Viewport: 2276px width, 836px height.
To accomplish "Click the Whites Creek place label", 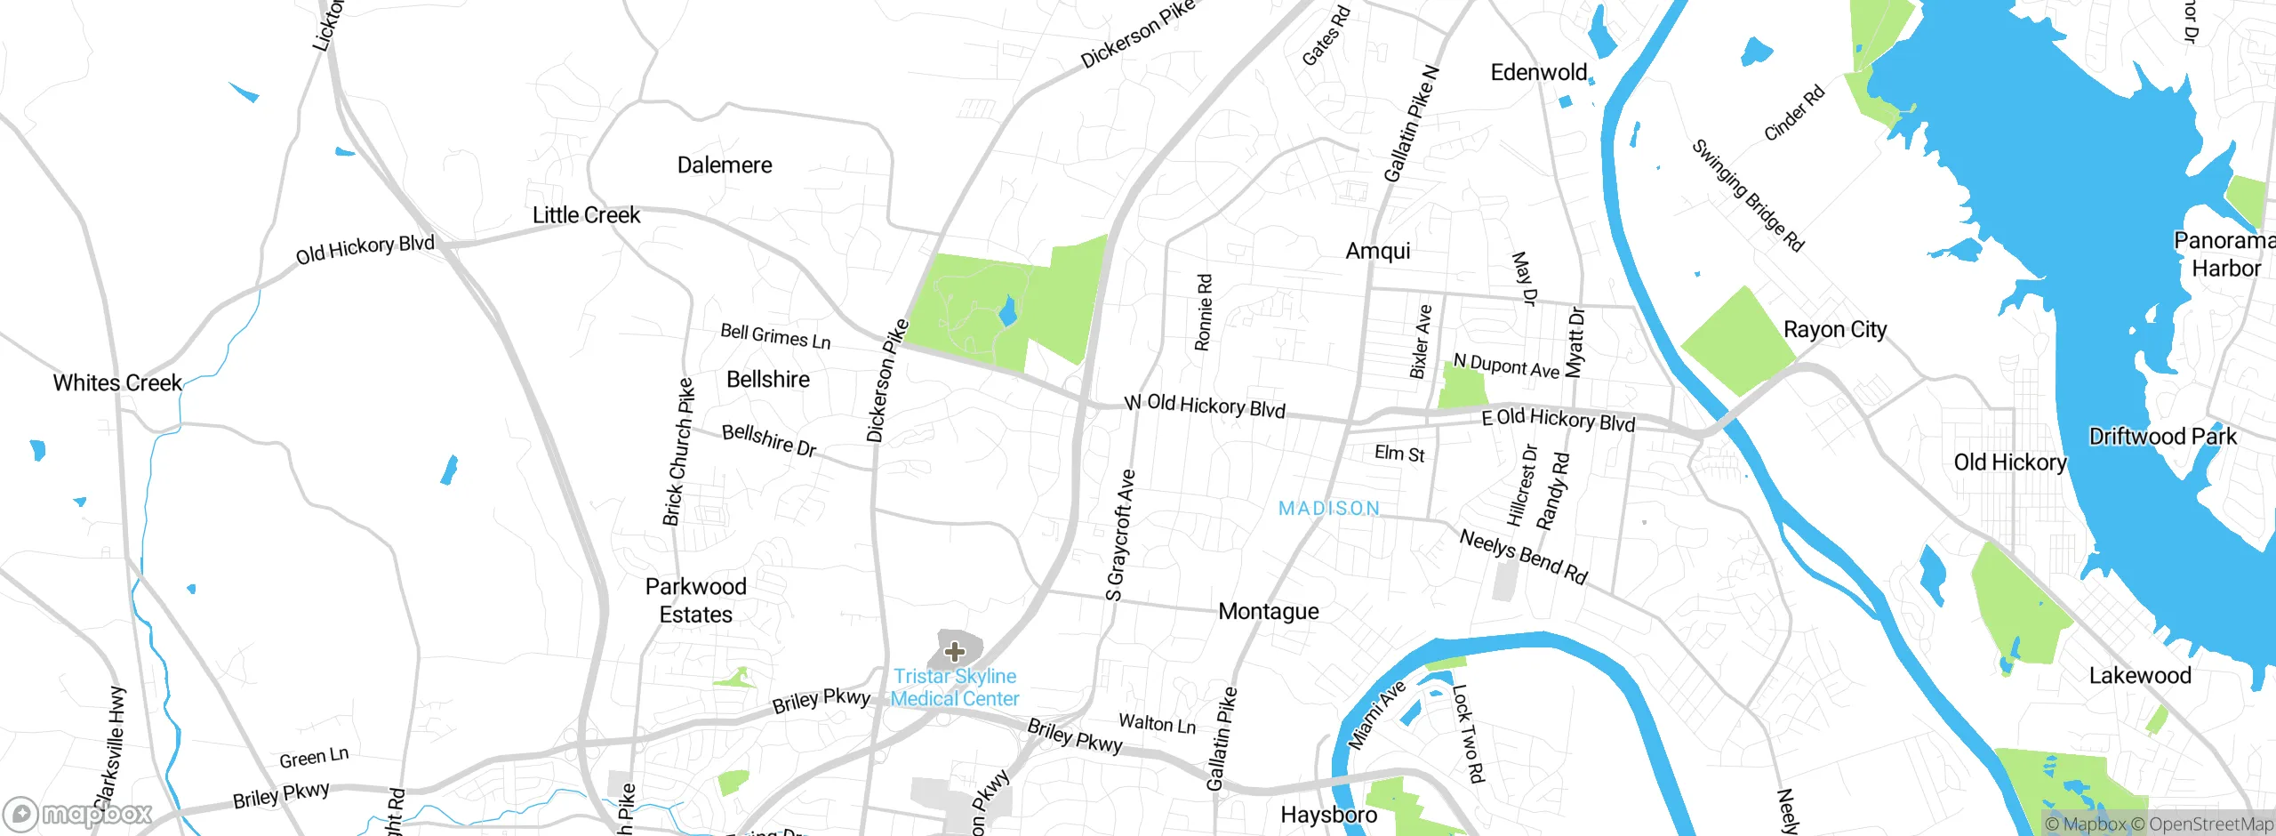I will [117, 383].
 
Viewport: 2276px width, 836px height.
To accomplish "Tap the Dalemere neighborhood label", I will [725, 165].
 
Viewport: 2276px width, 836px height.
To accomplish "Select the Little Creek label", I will [586, 215].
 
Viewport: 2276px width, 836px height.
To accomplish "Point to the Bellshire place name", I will [768, 380].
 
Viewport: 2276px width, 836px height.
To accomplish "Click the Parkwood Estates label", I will [695, 600].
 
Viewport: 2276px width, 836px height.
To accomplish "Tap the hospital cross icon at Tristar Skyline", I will [955, 652].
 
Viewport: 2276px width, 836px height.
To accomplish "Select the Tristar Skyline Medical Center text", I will [955, 687].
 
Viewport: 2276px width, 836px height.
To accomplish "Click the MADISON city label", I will [1329, 508].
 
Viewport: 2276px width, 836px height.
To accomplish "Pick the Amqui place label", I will [1378, 251].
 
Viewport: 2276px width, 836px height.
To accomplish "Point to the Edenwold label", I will [1539, 73].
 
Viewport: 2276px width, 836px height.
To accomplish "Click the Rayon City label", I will [1835, 330].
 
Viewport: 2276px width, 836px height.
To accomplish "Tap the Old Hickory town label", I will [2010, 462].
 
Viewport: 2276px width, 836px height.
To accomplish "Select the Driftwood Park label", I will [2162, 437].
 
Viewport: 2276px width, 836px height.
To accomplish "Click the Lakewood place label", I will [2140, 676].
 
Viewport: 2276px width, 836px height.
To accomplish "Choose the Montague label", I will [1269, 612].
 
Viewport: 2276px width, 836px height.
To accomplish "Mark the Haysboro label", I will [1328, 815].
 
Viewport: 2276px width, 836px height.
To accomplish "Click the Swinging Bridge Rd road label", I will [1747, 196].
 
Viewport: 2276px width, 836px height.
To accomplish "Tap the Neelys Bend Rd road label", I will [1523, 557].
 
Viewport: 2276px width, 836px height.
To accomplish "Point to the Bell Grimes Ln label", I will [775, 336].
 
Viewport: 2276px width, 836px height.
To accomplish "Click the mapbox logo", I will [78, 814].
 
